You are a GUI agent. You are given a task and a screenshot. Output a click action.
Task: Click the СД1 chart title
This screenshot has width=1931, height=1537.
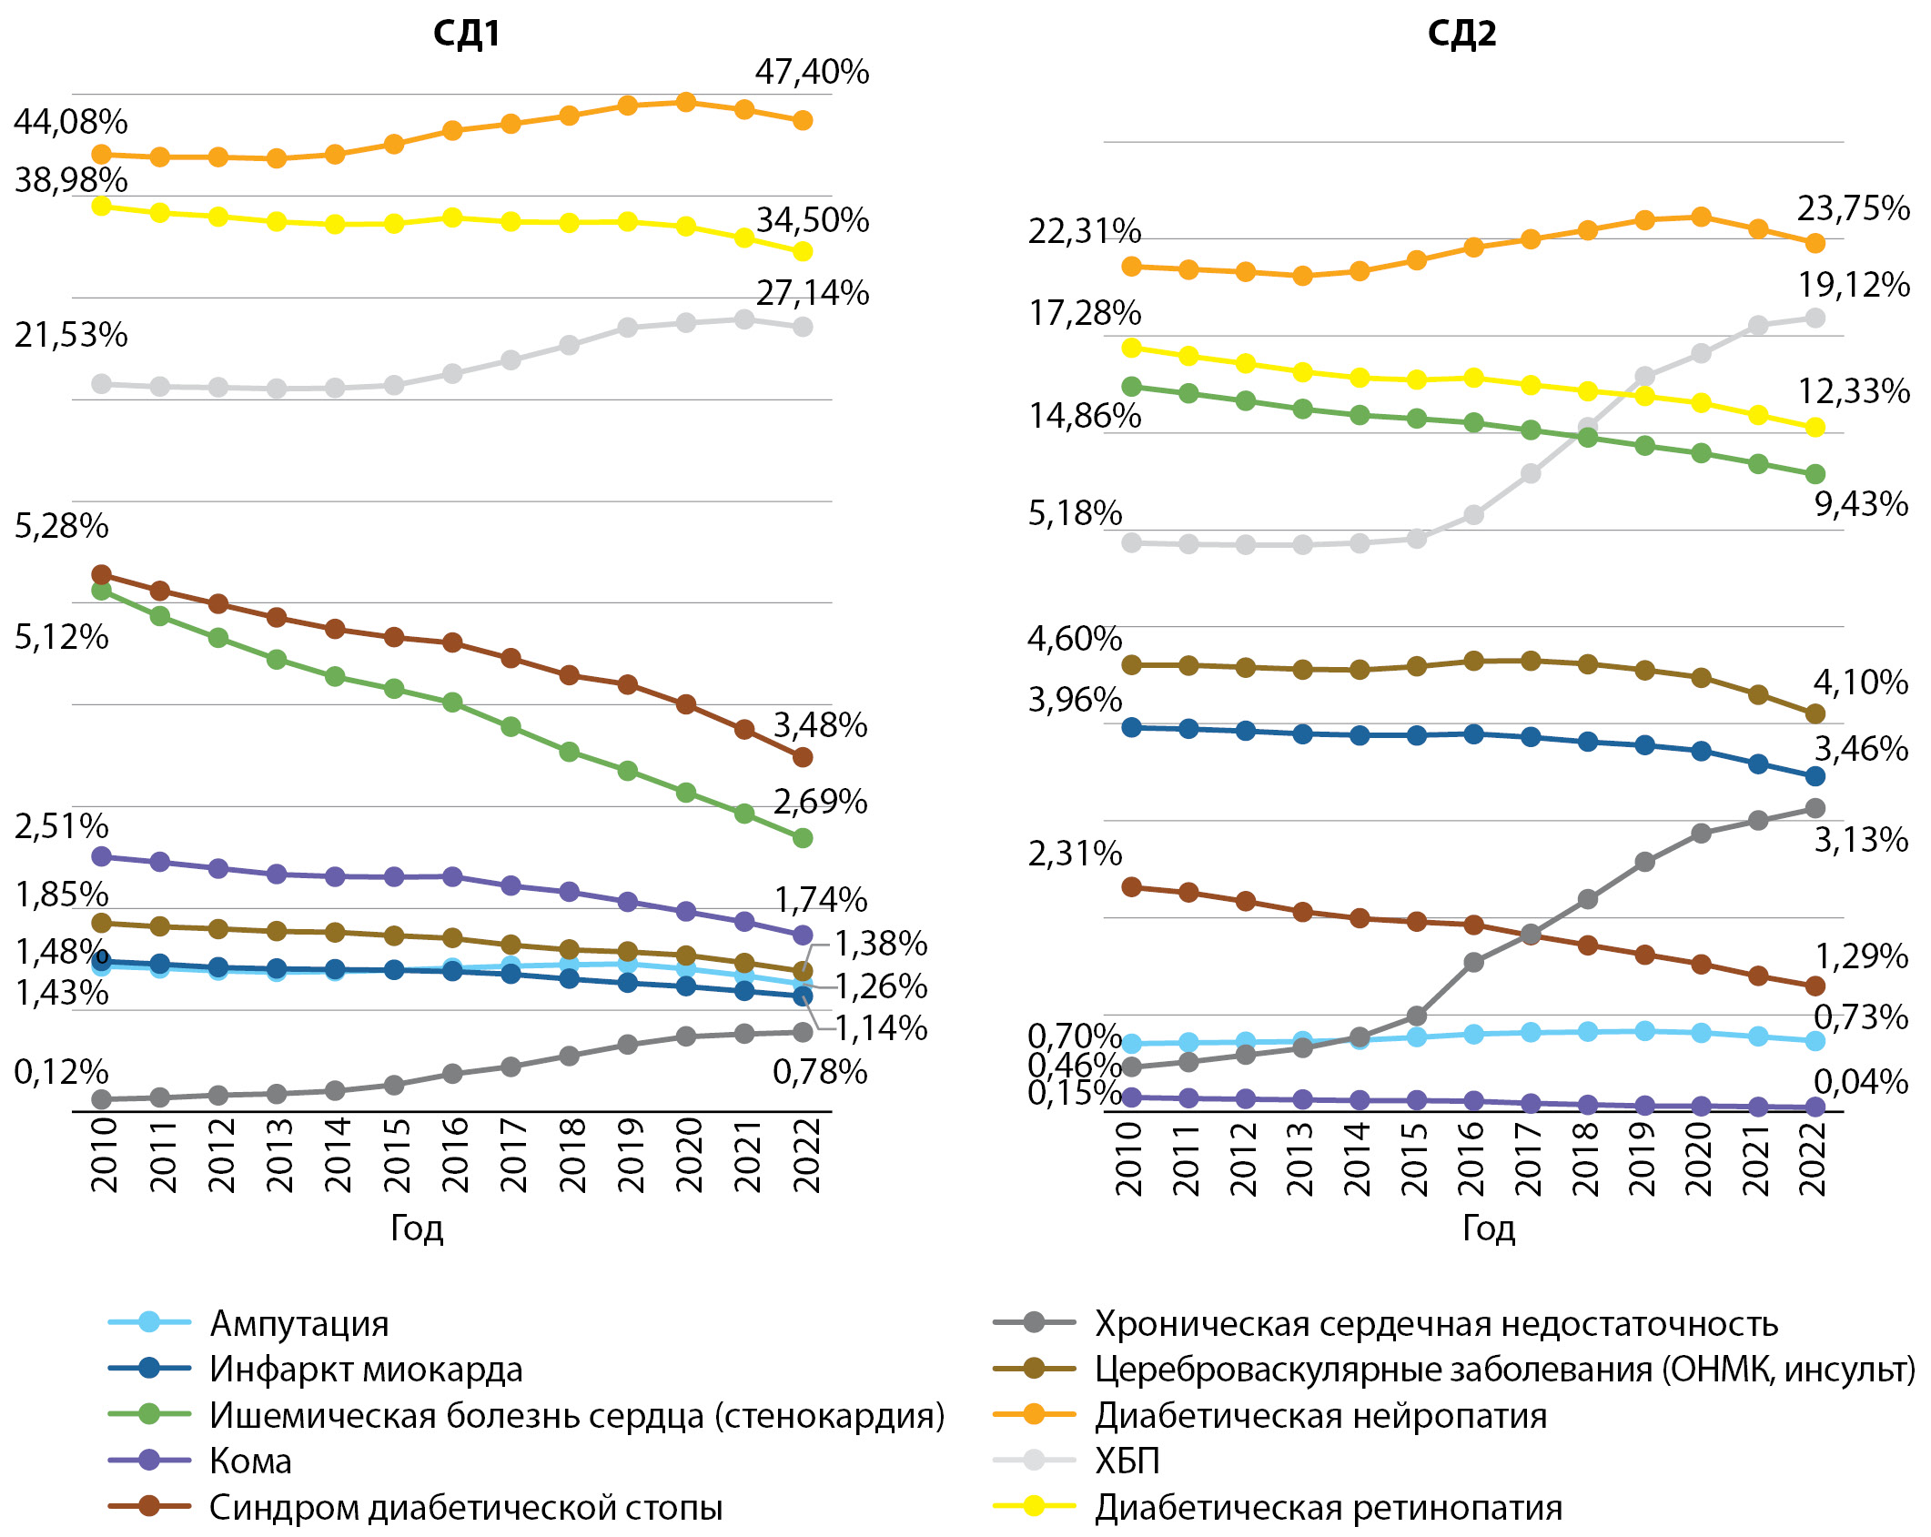tap(466, 34)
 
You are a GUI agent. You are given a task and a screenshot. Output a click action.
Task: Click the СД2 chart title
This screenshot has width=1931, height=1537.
tap(1461, 34)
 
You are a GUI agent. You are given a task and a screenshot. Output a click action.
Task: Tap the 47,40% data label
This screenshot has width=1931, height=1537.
tap(812, 72)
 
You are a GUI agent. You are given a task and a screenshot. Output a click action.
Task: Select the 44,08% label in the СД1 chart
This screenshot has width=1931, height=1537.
tap(71, 121)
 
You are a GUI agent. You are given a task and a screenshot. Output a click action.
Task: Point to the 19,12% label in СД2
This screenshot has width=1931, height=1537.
tap(1854, 286)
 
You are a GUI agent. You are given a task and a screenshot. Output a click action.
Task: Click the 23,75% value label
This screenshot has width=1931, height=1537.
tap(1854, 208)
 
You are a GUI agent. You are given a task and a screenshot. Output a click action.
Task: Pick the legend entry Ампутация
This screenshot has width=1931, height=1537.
tap(298, 1323)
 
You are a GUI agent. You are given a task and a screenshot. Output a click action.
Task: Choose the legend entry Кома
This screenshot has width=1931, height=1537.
tap(250, 1461)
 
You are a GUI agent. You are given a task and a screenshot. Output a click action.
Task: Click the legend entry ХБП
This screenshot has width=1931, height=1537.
tap(1127, 1461)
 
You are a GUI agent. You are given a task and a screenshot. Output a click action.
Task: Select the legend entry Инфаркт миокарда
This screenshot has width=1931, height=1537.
tap(366, 1369)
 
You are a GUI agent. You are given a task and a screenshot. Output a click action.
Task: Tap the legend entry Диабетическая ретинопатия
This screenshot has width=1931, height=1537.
tap(1329, 1508)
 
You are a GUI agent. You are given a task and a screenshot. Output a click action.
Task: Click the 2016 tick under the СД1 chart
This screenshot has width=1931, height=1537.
tap(454, 1154)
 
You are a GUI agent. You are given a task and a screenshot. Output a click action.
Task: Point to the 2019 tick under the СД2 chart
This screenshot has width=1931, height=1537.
tap(1643, 1158)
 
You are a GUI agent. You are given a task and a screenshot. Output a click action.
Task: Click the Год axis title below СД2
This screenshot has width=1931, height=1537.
tap(1489, 1228)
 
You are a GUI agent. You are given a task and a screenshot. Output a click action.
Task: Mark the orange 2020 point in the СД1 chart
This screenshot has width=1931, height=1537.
tap(686, 102)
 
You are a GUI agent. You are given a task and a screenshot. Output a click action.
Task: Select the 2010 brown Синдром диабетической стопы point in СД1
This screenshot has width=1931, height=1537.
tap(102, 574)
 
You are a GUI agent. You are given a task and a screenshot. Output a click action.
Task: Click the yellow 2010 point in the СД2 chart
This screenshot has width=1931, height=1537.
tap(1132, 348)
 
